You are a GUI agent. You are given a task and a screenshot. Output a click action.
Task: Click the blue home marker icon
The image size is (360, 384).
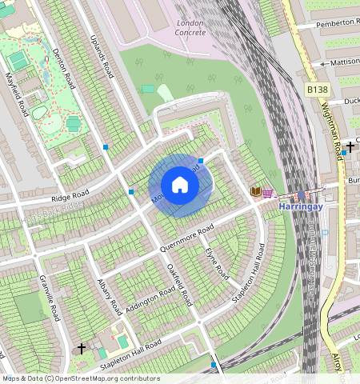click(180, 185)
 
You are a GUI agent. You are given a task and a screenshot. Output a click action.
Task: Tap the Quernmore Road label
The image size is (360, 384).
click(187, 238)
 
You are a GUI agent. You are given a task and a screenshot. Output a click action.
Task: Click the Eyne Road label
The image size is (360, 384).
click(217, 263)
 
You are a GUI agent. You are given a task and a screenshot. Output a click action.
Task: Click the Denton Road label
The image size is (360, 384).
click(63, 67)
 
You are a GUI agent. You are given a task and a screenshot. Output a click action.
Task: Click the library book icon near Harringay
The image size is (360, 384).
click(256, 192)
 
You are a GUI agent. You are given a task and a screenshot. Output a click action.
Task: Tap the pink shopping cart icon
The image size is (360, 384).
click(267, 193)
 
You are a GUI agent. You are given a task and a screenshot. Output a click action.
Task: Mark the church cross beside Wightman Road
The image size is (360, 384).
click(350, 147)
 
